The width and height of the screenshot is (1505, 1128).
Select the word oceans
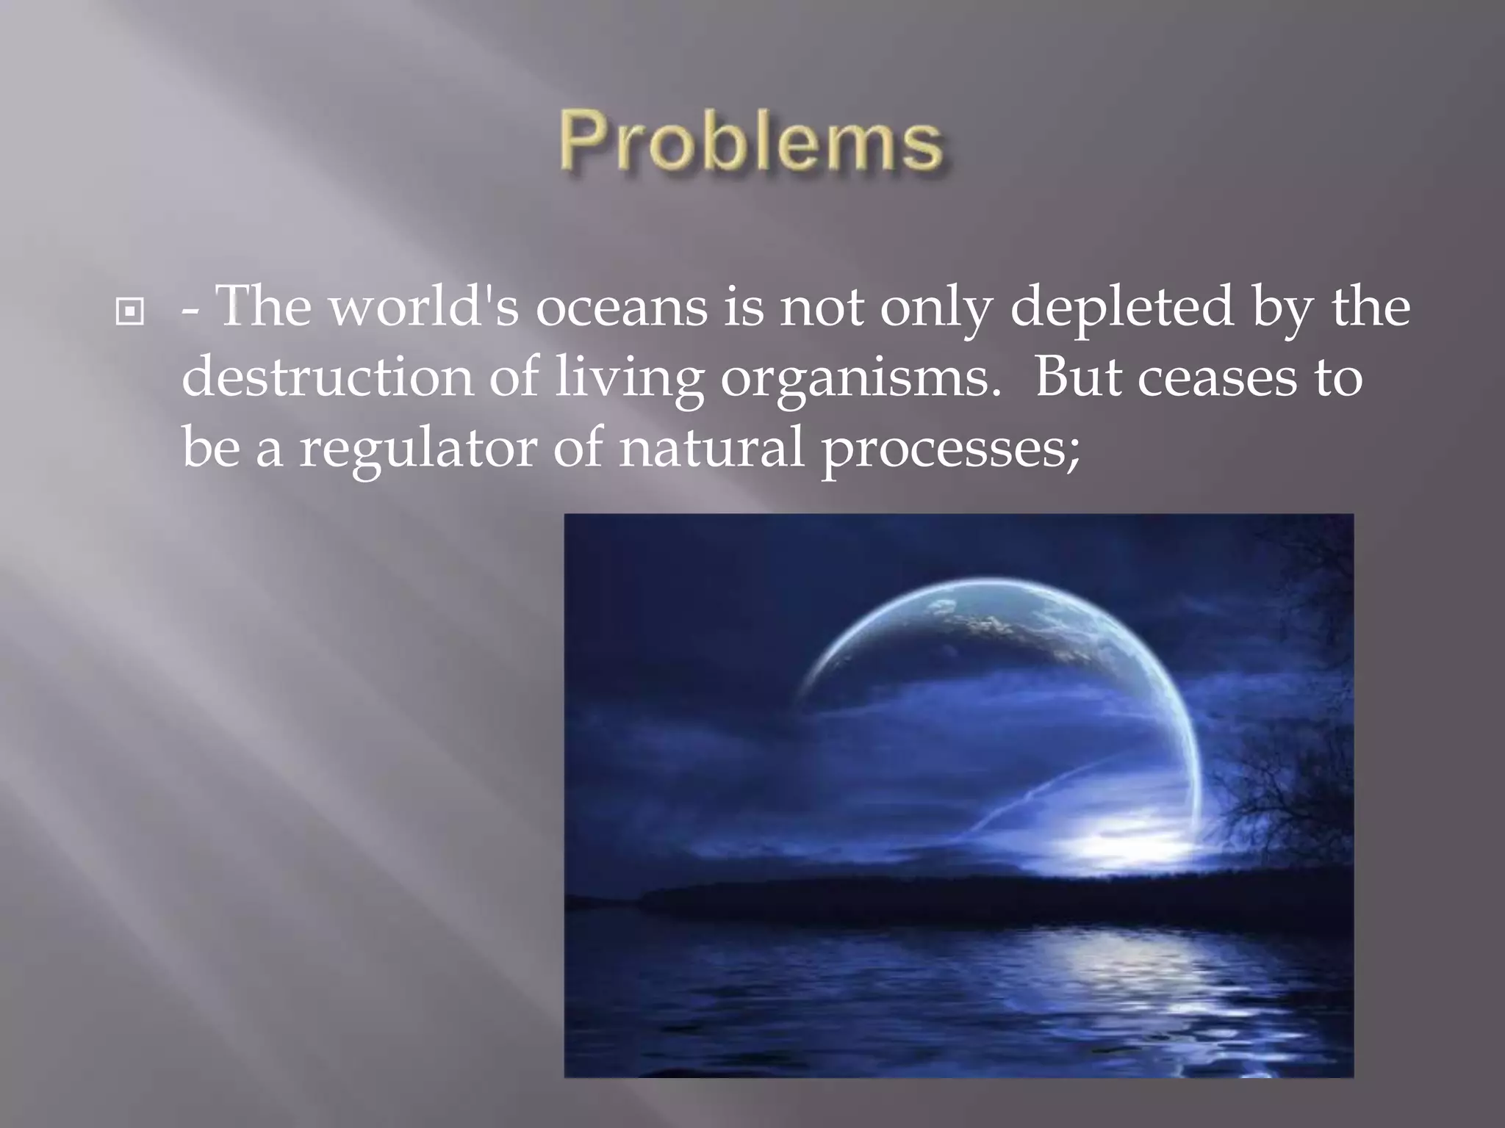click(x=621, y=308)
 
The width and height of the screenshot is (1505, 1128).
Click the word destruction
click(x=327, y=377)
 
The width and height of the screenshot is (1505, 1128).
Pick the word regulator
click(x=418, y=450)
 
